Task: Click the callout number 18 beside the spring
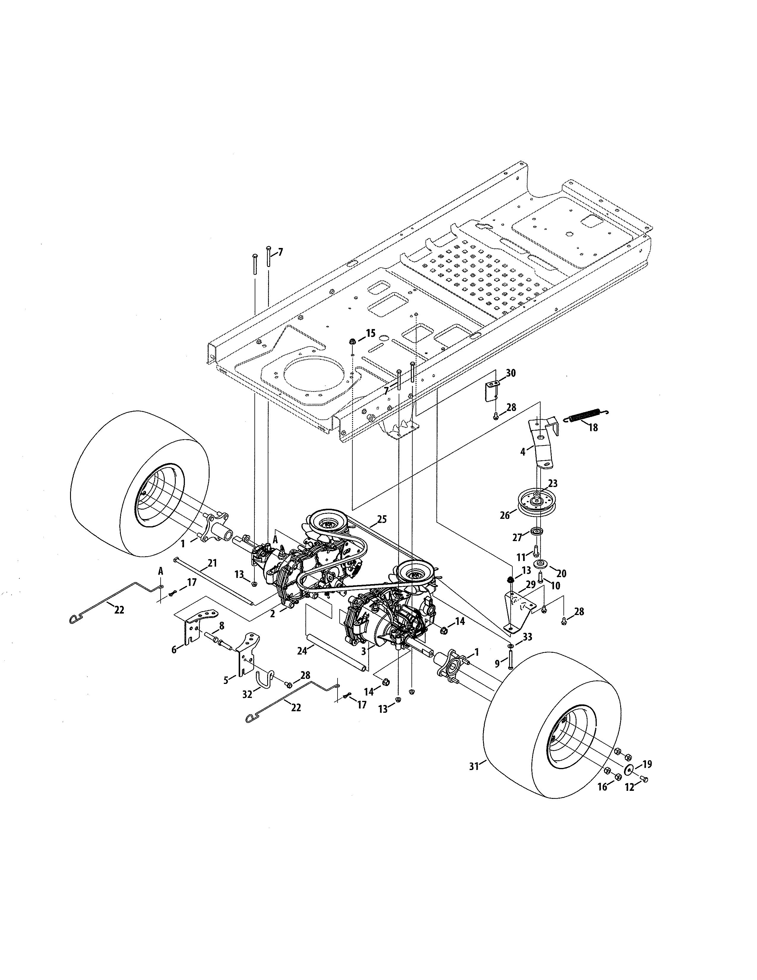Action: (593, 428)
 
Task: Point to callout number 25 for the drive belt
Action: (382, 519)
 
